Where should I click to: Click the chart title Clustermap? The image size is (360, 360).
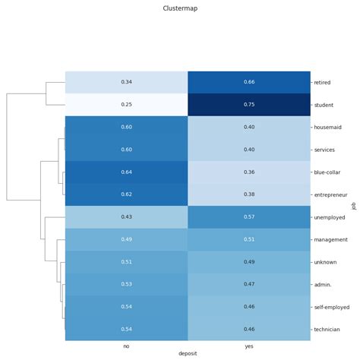coord(180,8)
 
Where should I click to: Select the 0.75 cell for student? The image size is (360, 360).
coord(248,104)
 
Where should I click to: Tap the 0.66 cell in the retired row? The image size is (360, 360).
coord(248,81)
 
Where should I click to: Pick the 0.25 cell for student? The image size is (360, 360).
coord(126,104)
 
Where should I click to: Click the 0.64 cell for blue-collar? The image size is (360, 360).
coord(126,172)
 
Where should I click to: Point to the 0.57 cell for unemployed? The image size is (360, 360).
coord(248,217)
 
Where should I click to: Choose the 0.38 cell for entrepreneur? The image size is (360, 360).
coord(248,194)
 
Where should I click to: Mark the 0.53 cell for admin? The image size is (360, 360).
coord(126,285)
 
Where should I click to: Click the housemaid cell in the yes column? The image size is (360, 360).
coord(248,127)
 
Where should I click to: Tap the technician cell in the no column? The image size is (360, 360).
coord(126,330)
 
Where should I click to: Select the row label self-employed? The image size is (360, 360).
coord(330,308)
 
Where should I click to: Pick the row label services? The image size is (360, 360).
coord(326,150)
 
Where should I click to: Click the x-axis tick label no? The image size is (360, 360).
coord(126,346)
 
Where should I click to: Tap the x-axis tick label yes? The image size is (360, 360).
coord(248,346)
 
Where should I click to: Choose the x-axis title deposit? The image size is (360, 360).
coord(188,355)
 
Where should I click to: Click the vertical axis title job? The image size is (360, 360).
coord(353,206)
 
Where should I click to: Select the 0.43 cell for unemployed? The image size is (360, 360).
coord(126,217)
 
